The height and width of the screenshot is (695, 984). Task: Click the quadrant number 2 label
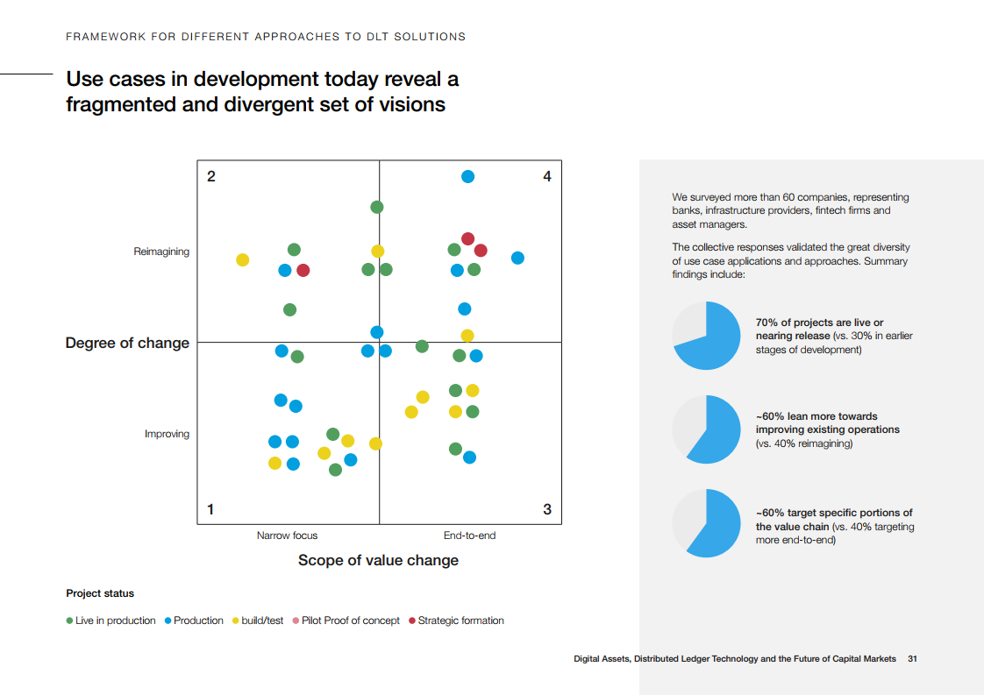point(210,177)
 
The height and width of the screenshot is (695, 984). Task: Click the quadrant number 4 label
point(547,177)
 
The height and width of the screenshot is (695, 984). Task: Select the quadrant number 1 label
point(210,509)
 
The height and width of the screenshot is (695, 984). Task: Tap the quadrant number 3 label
point(547,509)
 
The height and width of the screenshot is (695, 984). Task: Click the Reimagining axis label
point(161,252)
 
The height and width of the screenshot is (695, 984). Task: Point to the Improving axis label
point(167,435)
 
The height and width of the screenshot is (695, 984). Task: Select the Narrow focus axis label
point(287,535)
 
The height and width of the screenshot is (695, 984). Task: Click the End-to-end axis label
point(469,535)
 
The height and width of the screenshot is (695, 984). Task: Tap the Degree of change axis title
point(127,343)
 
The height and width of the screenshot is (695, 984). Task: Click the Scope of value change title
point(378,560)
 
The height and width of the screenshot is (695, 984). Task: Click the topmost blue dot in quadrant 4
point(467,176)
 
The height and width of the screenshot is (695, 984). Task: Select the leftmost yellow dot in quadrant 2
point(243,260)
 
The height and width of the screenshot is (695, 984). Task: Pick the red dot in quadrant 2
point(303,270)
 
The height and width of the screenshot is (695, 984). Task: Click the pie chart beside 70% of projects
point(706,336)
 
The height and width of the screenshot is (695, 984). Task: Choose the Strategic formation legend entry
point(460,621)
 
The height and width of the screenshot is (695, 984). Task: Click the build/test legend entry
point(262,621)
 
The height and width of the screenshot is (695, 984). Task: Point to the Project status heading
point(100,593)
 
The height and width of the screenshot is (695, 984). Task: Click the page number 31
point(912,658)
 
